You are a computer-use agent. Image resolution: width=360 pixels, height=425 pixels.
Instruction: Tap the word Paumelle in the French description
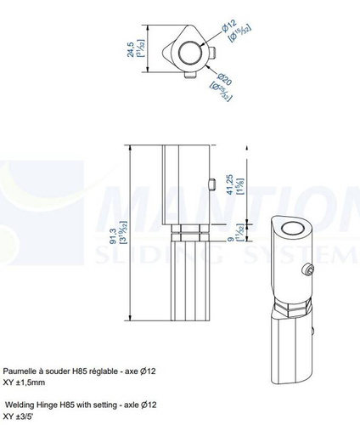point(20,371)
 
